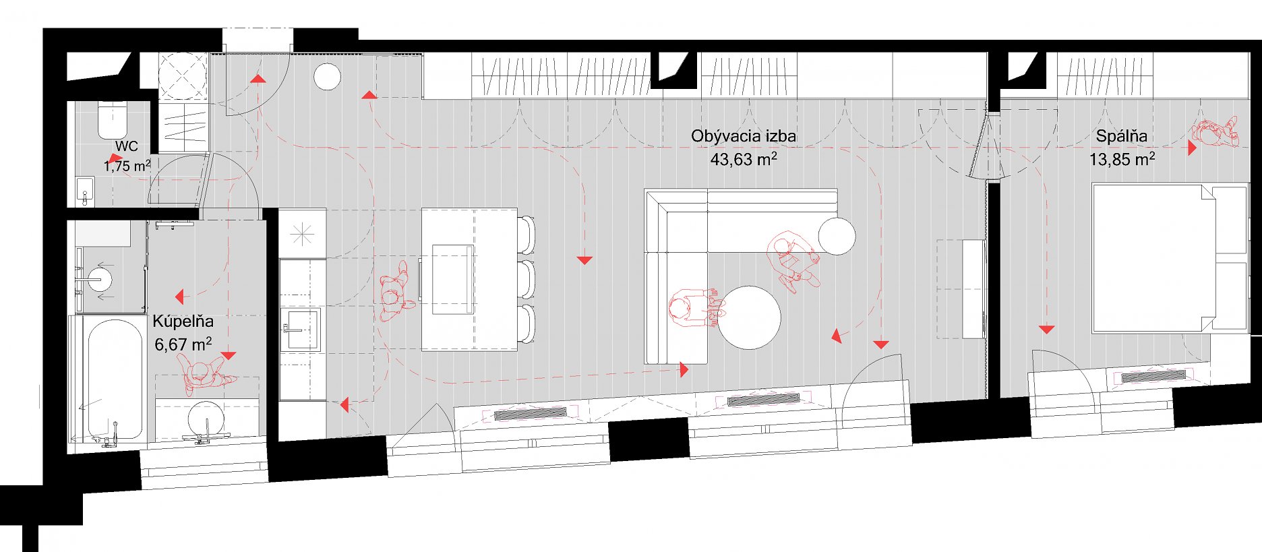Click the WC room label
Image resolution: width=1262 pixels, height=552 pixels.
(x=126, y=146)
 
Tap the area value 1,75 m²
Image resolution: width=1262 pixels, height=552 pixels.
(x=127, y=165)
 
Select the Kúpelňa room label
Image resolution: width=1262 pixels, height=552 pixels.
(x=183, y=321)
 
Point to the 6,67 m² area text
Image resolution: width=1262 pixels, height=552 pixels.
(x=183, y=344)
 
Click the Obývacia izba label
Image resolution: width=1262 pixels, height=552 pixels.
(x=743, y=136)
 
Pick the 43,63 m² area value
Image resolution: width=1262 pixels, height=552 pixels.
(x=743, y=160)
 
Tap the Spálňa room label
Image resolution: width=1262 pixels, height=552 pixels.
(x=1121, y=136)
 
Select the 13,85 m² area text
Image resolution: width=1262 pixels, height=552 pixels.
(x=1122, y=160)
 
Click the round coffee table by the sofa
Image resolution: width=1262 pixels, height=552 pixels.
(x=748, y=317)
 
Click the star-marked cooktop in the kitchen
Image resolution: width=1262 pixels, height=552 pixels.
(x=303, y=235)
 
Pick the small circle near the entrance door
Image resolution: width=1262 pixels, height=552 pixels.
(x=327, y=77)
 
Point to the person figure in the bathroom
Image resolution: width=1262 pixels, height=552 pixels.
(x=206, y=374)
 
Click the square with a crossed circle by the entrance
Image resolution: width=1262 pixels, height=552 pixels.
(x=183, y=76)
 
